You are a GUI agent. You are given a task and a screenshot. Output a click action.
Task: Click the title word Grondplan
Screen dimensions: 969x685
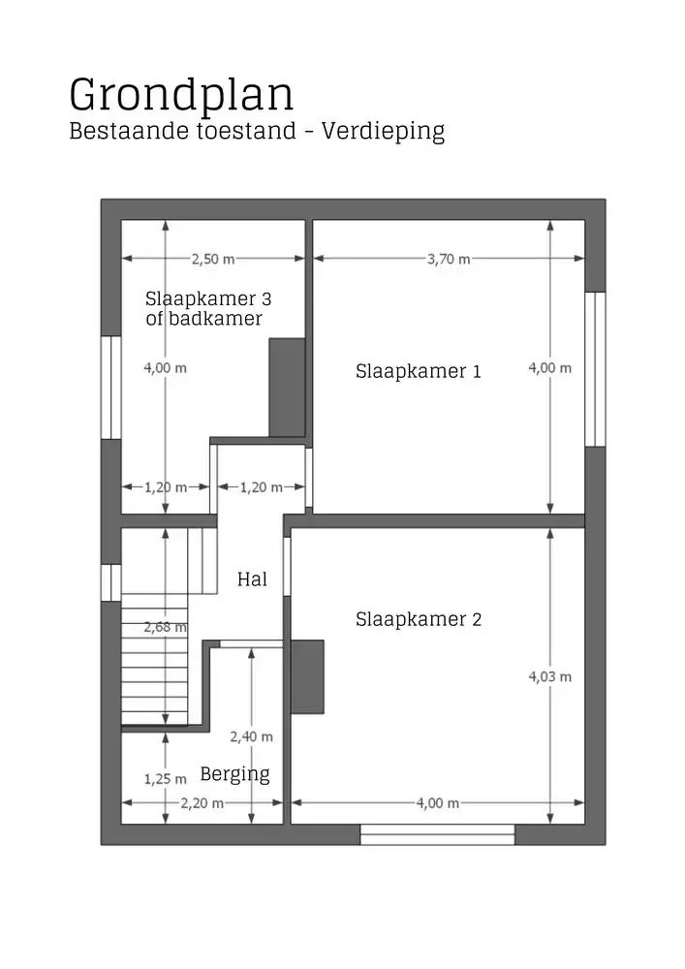181,96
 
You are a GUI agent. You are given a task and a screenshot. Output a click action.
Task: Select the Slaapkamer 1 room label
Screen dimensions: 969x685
418,370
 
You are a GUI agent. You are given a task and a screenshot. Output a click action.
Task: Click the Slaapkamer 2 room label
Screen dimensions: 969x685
418,619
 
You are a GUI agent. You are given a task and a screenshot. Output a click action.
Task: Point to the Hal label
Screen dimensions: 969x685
252,579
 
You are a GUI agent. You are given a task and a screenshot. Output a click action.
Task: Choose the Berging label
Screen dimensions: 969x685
234,774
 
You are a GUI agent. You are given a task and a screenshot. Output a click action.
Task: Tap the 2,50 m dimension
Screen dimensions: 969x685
212,259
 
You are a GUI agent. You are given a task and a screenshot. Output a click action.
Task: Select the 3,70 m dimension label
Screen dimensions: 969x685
449,259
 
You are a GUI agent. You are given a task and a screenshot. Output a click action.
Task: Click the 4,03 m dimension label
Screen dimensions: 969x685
549,676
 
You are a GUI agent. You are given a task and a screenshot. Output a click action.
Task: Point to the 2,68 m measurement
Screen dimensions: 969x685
165,627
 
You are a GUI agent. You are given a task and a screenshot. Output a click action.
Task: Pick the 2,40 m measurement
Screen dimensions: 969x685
251,736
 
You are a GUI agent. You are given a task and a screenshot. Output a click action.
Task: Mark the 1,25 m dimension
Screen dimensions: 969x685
165,778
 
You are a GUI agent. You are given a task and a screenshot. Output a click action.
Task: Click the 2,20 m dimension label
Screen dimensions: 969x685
202,802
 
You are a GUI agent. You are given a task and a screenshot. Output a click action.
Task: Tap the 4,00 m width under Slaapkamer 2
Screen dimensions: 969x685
437,802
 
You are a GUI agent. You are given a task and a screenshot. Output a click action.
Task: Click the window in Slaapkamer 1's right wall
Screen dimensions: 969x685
595,368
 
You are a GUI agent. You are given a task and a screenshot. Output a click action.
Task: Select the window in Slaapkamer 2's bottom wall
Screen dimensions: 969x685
437,834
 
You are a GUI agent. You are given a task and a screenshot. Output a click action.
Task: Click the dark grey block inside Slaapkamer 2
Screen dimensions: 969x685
307,676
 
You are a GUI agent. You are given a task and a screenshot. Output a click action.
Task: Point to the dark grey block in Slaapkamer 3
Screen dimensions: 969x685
287,387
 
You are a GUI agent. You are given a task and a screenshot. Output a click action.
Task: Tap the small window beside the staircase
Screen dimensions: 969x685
110,581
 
